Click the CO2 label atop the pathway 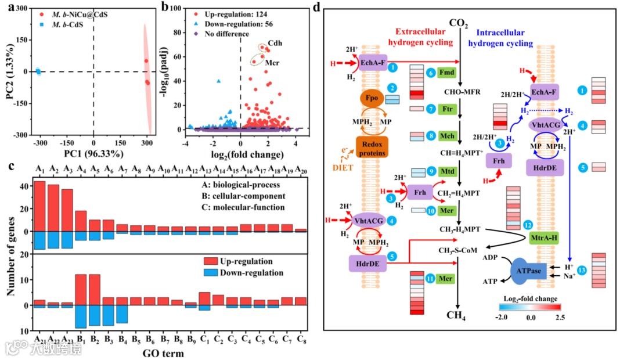tap(458, 23)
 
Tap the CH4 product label tap(458, 316)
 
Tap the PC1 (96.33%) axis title tap(94, 154)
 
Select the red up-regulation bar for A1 tap(39, 206)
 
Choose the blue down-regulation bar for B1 tap(81, 316)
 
